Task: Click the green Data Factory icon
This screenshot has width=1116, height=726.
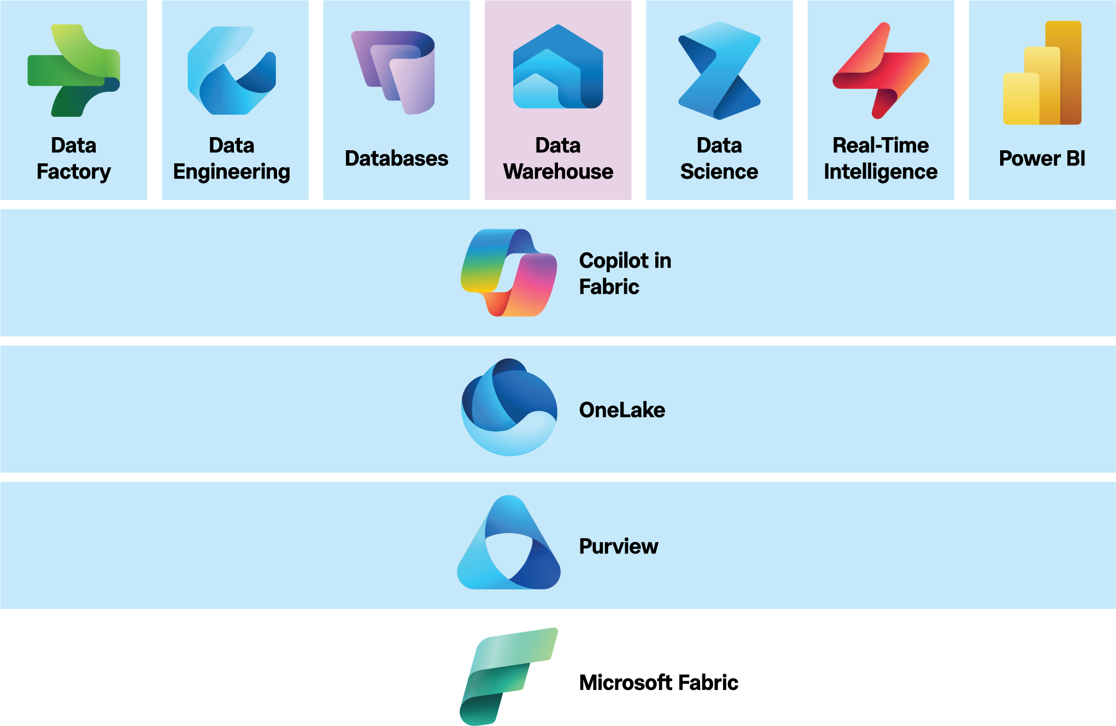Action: click(74, 71)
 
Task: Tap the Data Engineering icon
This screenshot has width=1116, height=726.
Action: click(232, 71)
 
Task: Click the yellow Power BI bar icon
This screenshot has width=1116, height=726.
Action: click(1042, 74)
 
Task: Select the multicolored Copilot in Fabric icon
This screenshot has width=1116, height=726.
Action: click(509, 273)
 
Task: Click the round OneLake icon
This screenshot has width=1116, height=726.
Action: click(509, 408)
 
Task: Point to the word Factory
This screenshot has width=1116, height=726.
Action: click(74, 172)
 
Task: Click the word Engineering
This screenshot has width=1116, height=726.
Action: click(232, 172)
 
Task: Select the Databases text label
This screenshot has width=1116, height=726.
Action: click(396, 158)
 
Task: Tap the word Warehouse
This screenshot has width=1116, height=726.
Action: click(558, 172)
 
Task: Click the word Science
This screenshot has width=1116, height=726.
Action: click(719, 172)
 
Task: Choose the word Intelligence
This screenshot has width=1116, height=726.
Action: click(880, 172)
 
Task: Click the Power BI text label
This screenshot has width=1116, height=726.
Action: click(1042, 158)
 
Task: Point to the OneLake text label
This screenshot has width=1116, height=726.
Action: click(622, 410)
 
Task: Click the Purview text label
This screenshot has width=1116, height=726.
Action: click(619, 546)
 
